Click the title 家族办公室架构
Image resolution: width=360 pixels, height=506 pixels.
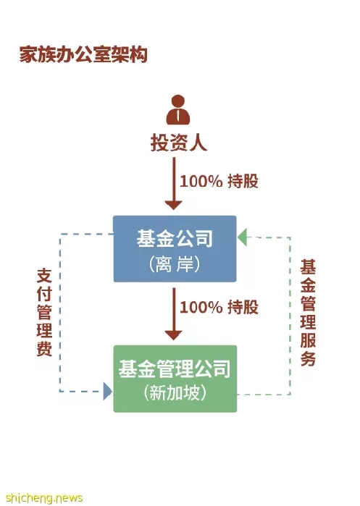pos(83,54)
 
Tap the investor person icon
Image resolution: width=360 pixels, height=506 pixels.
pos(178,110)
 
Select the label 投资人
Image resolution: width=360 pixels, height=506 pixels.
pos(178,142)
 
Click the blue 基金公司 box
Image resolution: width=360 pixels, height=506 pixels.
pos(175,249)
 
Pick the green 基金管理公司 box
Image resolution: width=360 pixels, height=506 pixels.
pos(175,379)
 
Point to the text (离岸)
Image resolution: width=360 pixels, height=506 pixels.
pos(175,264)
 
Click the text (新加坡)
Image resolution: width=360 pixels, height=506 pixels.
pos(175,393)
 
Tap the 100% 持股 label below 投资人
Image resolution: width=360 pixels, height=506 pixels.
pos(219,181)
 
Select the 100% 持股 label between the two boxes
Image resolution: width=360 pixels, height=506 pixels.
pos(219,307)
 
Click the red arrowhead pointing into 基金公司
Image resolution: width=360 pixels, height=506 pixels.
pos(174,205)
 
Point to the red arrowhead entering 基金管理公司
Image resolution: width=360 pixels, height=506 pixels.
pos(174,335)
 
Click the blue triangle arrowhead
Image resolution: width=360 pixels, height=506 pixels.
pos(108,392)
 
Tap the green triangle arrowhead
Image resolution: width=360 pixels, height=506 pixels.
pos(242,237)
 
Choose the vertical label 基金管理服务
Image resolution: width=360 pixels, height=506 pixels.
pos(308,313)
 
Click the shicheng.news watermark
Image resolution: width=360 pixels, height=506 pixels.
pos(44,497)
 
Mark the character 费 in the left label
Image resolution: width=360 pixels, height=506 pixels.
pos(45,348)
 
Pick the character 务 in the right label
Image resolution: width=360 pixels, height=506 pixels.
pos(308,358)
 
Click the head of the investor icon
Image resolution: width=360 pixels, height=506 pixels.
pos(178,101)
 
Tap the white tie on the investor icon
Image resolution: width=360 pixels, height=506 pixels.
pos(178,117)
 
